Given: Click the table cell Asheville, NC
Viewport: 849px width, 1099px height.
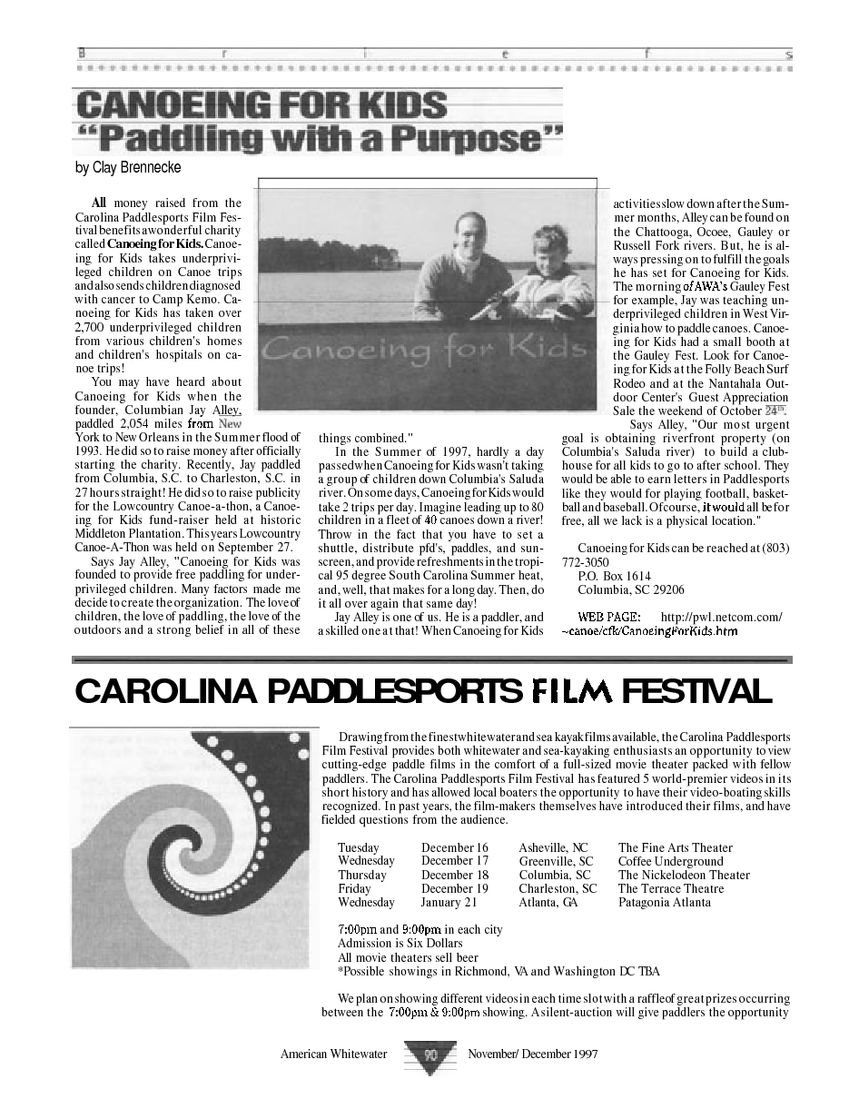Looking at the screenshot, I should pos(553,847).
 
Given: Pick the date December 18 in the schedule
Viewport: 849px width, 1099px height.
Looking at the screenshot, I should pos(454,875).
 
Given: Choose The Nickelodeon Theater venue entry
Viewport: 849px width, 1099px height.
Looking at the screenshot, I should pos(684,875).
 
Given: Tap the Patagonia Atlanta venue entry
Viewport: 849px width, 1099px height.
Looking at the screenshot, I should pos(664,902).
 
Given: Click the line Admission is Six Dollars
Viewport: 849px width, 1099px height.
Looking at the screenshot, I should pos(388,944).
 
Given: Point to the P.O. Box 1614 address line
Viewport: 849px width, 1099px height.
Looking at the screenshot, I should pos(614,576).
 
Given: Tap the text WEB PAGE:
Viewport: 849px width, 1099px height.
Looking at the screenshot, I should pos(609,617).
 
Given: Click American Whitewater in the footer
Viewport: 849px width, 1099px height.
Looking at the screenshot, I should pos(333,1054).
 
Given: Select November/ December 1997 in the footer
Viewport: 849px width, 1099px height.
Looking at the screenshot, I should pos(533,1054).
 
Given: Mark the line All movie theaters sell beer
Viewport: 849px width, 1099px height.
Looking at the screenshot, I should pos(395,957).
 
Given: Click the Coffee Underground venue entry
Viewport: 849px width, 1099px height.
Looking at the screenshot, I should pos(670,861).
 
